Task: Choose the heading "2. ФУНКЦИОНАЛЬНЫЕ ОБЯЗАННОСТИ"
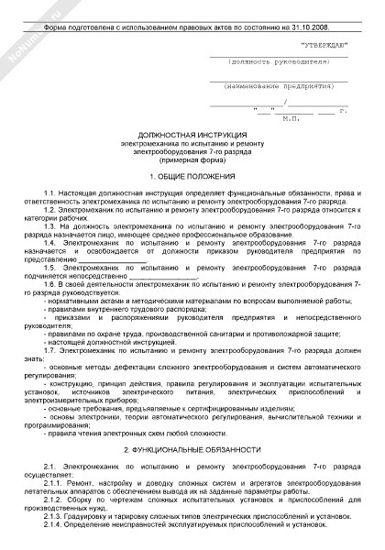tap(192, 451)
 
